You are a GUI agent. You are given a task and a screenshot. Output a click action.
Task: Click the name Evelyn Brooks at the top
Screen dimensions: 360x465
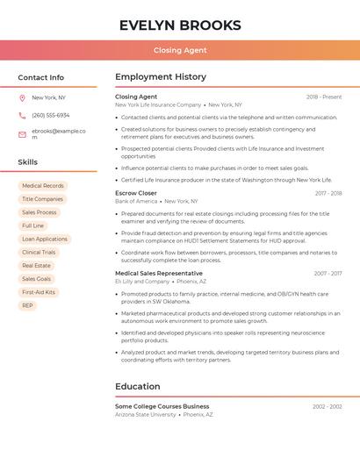pyautogui.click(x=180, y=25)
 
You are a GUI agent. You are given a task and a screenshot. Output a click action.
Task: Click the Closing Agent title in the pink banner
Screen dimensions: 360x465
pyautogui.click(x=180, y=50)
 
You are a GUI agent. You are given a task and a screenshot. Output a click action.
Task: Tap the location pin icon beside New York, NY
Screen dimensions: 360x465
pyautogui.click(x=22, y=97)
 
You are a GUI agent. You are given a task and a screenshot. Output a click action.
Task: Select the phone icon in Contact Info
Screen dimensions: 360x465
pyautogui.click(x=22, y=115)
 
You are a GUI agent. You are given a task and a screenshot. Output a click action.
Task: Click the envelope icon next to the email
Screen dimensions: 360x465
pyautogui.click(x=22, y=133)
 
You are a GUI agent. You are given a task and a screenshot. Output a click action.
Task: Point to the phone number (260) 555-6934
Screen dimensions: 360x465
pyautogui.click(x=50, y=115)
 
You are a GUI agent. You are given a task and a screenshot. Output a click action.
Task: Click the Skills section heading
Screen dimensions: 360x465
pyautogui.click(x=28, y=162)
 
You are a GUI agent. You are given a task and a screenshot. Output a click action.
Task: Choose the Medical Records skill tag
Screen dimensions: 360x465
pyautogui.click(x=43, y=186)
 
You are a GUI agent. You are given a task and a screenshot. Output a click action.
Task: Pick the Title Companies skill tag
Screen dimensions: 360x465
pyautogui.click(x=42, y=199)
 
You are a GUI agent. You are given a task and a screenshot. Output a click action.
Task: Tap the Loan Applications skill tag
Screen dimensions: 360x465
pyautogui.click(x=45, y=239)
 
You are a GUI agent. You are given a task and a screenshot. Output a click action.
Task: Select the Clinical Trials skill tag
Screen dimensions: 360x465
pyautogui.click(x=39, y=252)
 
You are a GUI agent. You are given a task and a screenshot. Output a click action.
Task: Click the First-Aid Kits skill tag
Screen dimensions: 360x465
pyautogui.click(x=39, y=292)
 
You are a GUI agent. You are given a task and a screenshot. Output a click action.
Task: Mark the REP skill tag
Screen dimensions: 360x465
pyautogui.click(x=28, y=305)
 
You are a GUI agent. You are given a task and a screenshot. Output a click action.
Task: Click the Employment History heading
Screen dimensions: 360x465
pyautogui.click(x=161, y=77)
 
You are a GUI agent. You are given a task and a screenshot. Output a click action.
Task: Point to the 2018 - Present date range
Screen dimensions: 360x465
pyautogui.click(x=324, y=97)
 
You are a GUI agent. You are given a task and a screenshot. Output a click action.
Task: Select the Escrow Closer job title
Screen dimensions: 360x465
pyautogui.click(x=136, y=193)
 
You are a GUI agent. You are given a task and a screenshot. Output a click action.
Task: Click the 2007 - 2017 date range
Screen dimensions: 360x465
pyautogui.click(x=328, y=273)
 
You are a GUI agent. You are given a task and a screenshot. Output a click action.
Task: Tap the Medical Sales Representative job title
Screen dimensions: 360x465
pyautogui.click(x=159, y=273)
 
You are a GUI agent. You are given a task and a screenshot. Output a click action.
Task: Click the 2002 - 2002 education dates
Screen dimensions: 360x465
pyautogui.click(x=328, y=406)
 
